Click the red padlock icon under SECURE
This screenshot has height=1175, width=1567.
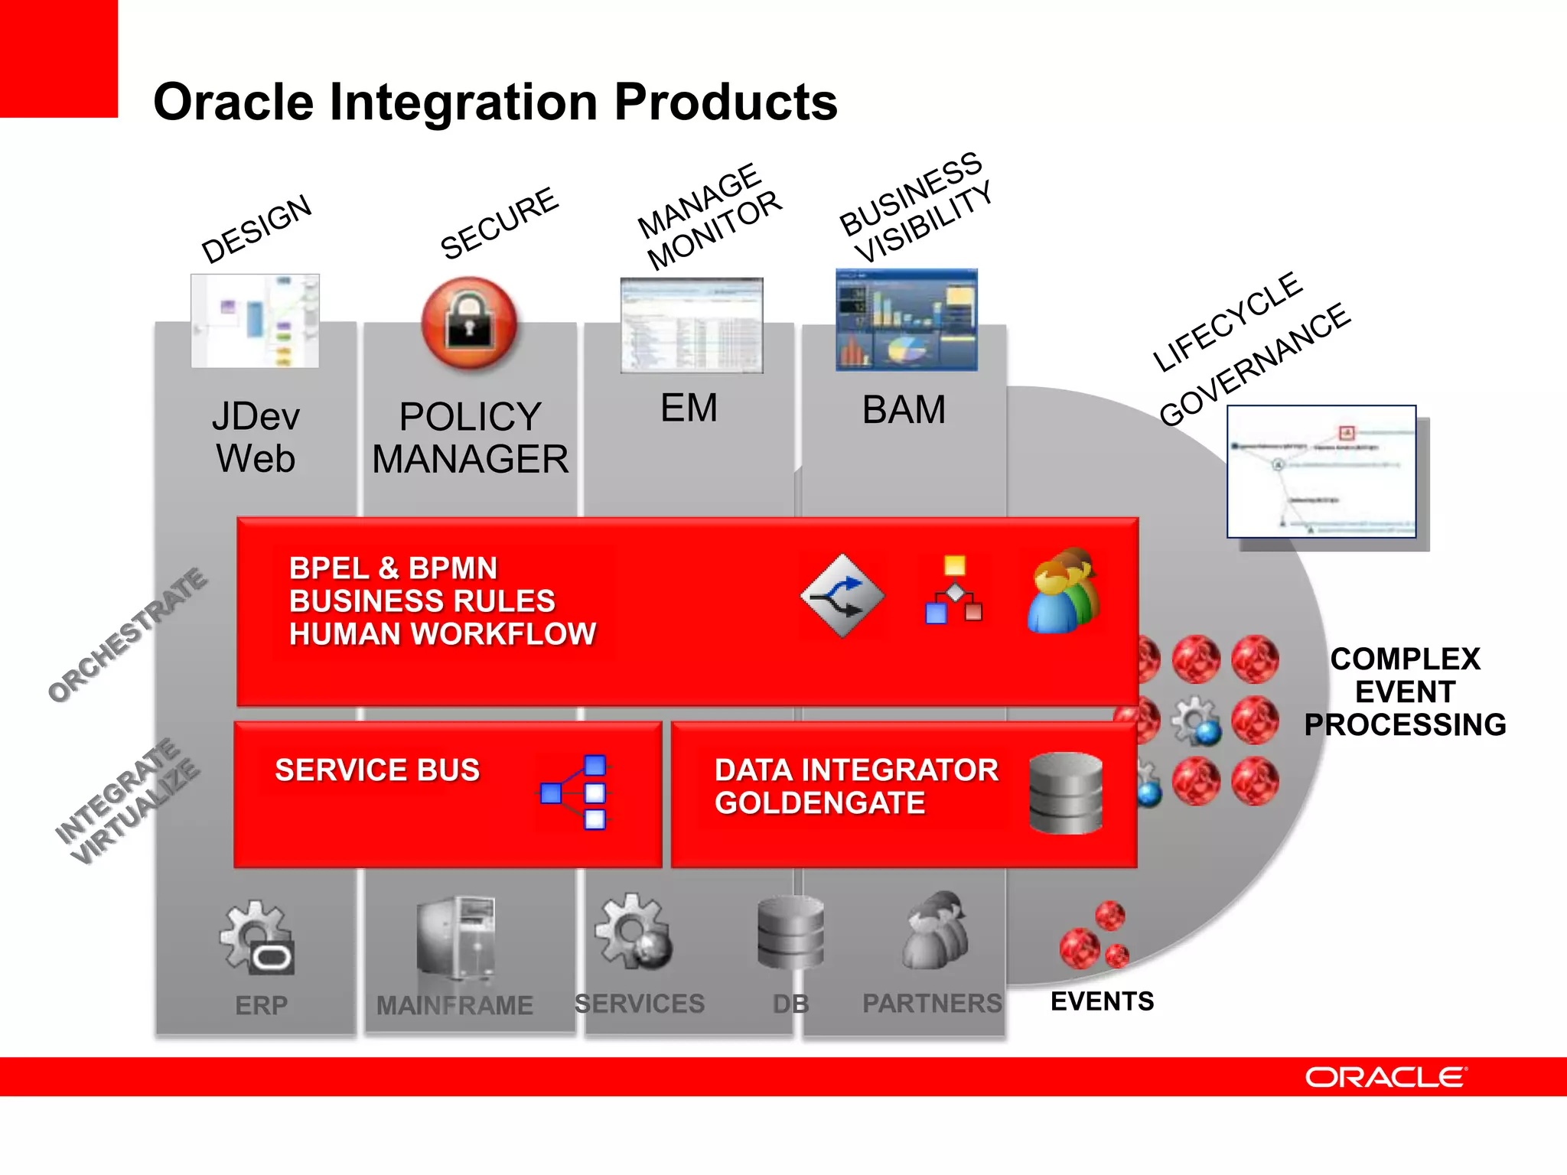(x=469, y=324)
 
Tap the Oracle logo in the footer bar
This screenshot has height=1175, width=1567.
(x=1386, y=1077)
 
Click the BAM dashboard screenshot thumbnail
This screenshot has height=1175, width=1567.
(x=906, y=321)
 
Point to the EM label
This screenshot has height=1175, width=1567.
(x=689, y=408)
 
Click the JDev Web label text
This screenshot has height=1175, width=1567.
(x=256, y=438)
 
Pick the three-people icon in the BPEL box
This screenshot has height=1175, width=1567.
(x=1064, y=591)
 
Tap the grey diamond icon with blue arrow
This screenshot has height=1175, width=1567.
(x=842, y=595)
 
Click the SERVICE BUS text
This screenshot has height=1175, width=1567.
(x=377, y=770)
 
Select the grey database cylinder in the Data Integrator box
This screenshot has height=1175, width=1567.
(x=1066, y=793)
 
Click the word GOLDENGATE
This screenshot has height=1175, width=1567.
(x=819, y=803)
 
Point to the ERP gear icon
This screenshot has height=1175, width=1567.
(x=256, y=937)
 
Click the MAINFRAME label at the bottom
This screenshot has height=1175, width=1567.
(x=454, y=1004)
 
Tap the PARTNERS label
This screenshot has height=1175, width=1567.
(x=931, y=1003)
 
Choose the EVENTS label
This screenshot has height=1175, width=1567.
(x=1102, y=1001)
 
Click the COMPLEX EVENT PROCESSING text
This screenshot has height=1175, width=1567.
(x=1405, y=692)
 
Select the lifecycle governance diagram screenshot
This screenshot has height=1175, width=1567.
(x=1321, y=472)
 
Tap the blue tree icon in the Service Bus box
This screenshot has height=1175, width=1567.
(x=575, y=793)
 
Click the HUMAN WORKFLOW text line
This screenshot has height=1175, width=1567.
(x=442, y=634)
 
